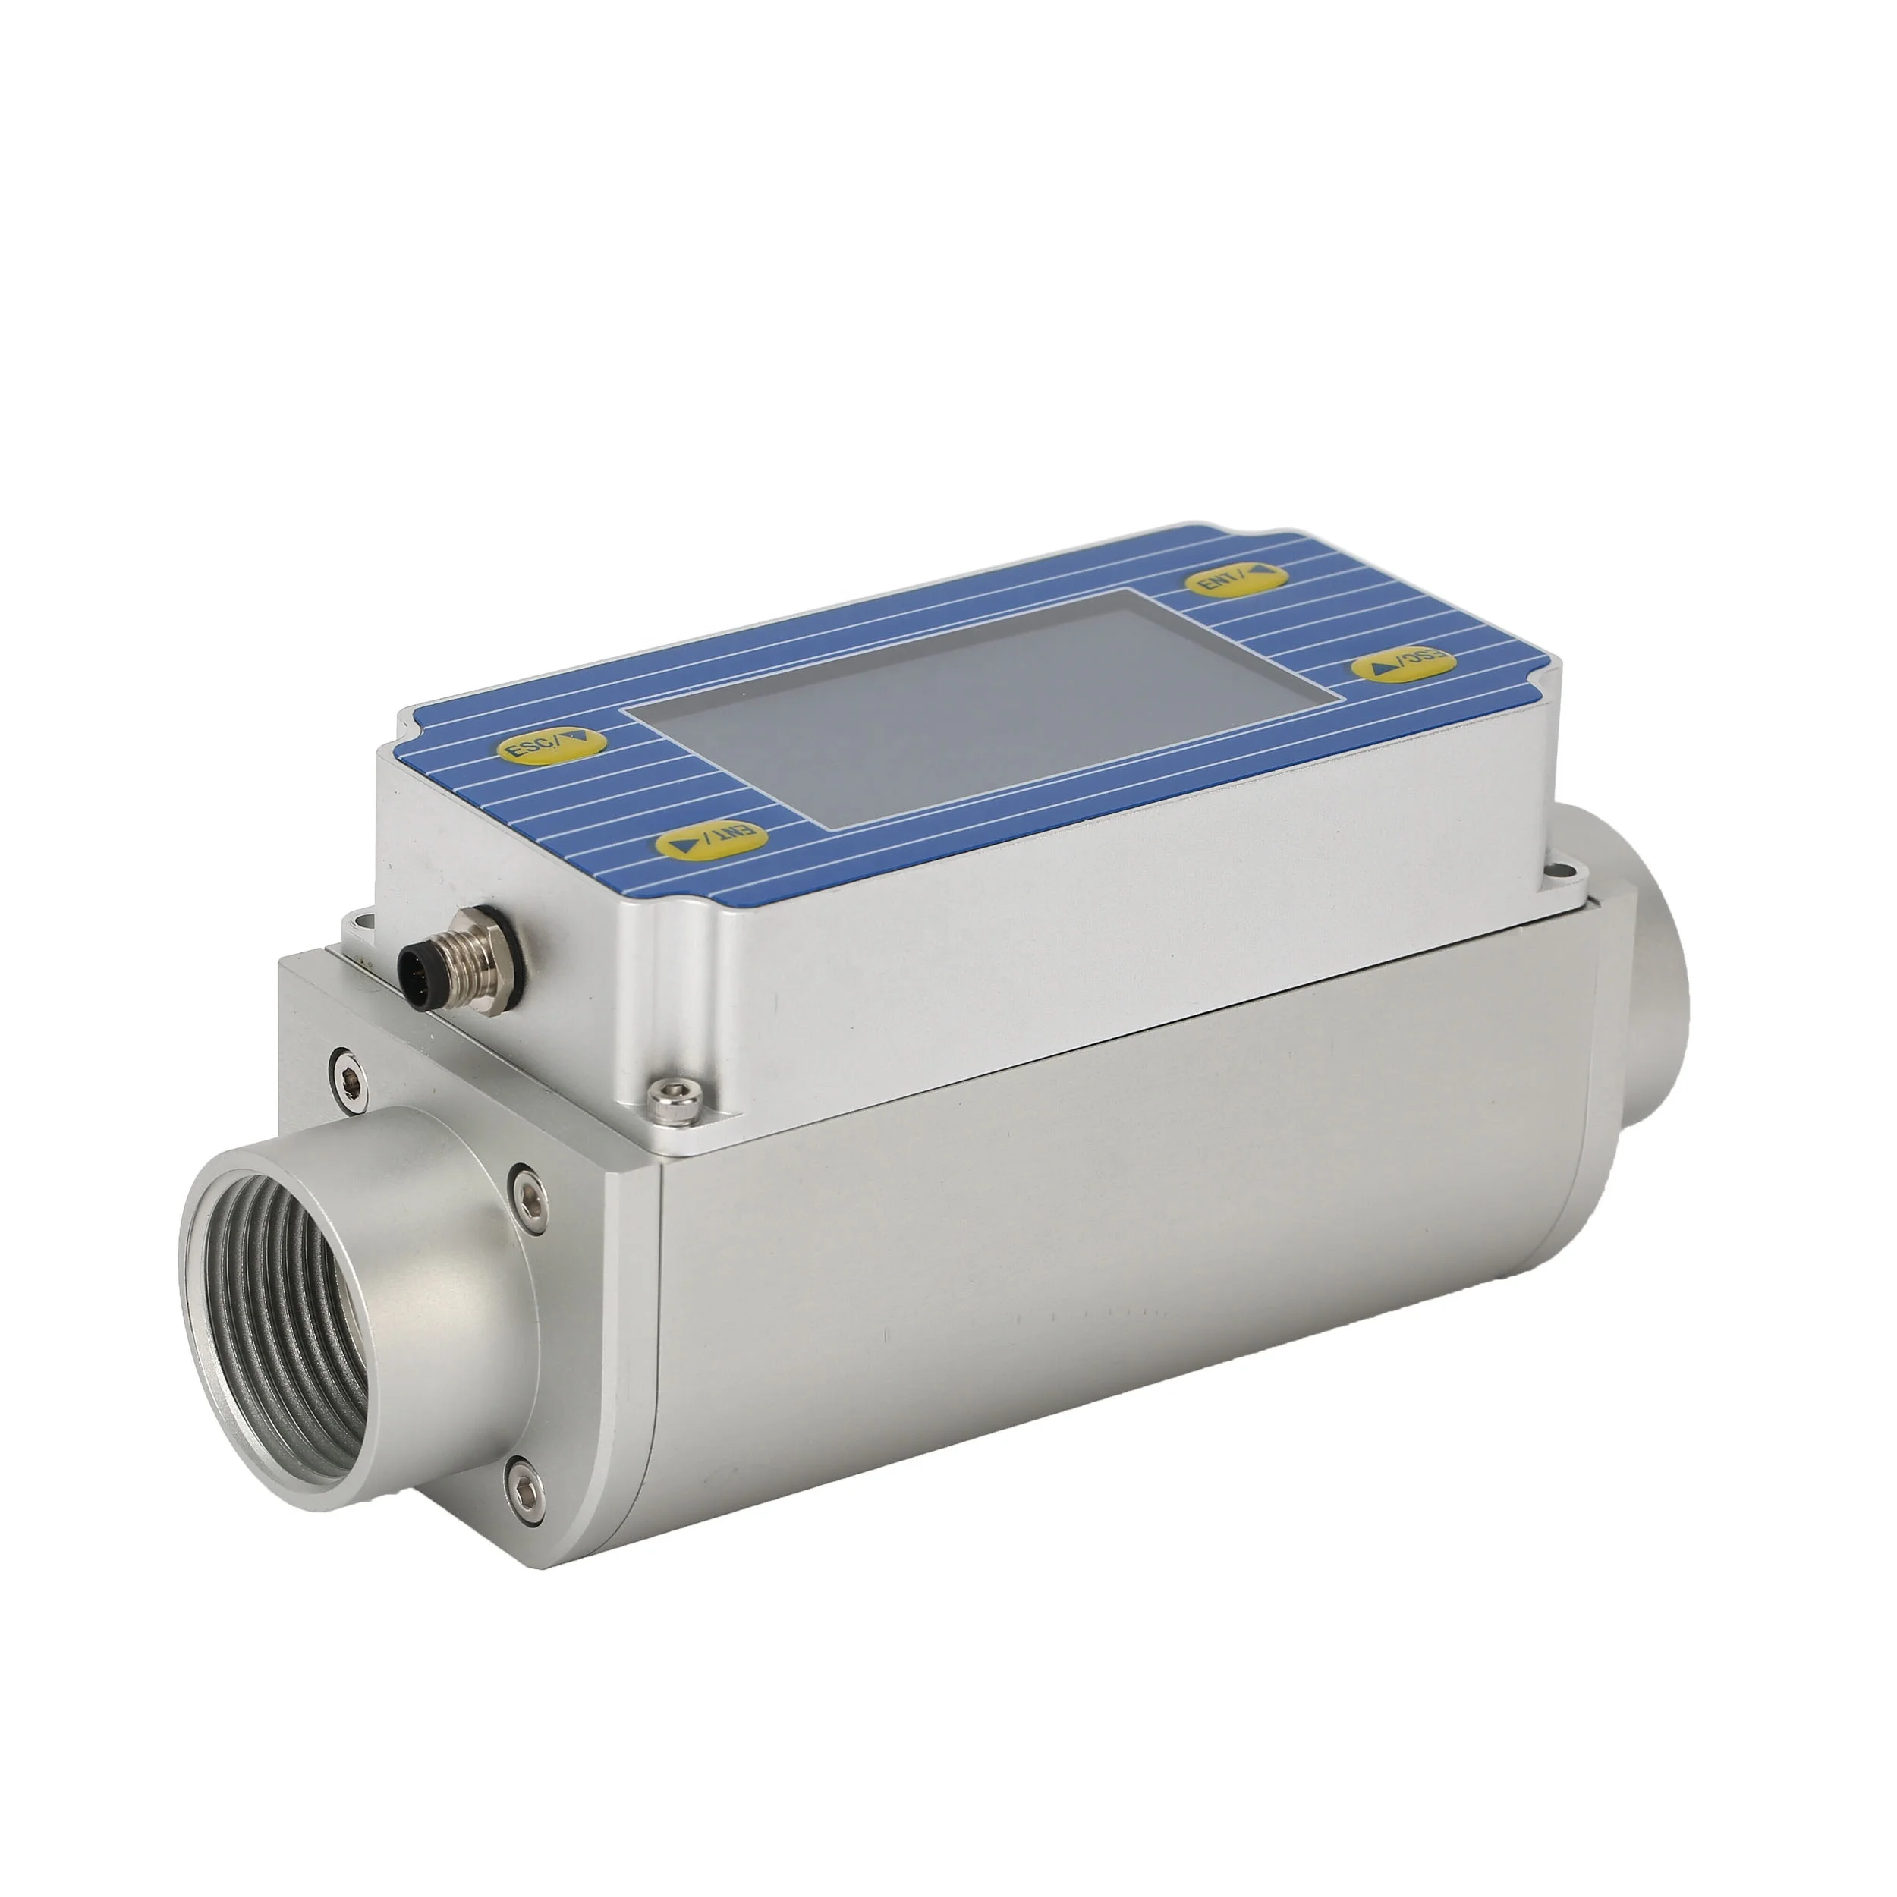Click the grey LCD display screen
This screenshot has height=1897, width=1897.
982,705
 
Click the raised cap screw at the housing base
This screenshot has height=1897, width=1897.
675,1099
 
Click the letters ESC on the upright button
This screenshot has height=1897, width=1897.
531,748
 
